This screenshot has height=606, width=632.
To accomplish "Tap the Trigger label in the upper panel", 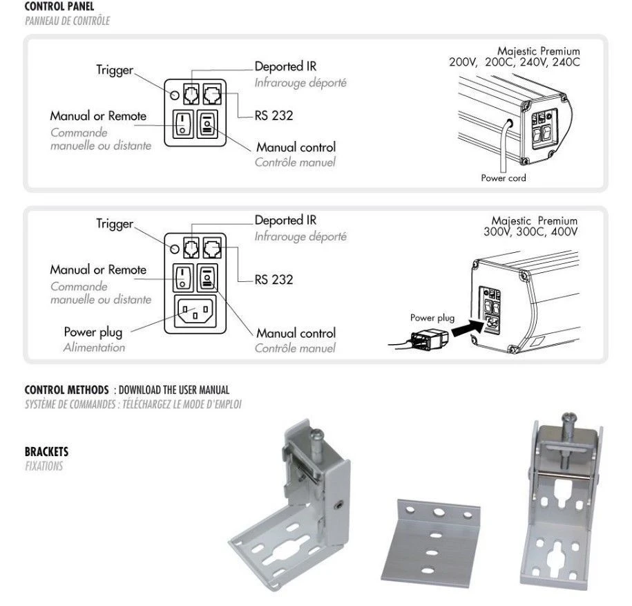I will [x=114, y=71].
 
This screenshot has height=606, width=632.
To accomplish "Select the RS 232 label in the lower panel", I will [x=274, y=280].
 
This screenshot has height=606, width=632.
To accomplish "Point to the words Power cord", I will [x=503, y=178].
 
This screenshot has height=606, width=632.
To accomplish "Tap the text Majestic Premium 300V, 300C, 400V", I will [x=530, y=225].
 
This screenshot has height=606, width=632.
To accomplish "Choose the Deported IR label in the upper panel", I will [x=285, y=67].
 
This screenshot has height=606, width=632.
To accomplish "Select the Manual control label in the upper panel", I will [x=296, y=147].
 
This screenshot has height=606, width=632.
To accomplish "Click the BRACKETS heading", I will [x=46, y=452].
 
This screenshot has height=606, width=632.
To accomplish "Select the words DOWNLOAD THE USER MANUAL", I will [x=173, y=390].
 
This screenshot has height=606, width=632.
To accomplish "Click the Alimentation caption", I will [x=94, y=348].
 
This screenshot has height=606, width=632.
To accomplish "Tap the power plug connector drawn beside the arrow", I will [x=429, y=339].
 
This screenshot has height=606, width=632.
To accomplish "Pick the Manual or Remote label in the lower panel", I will [x=98, y=269].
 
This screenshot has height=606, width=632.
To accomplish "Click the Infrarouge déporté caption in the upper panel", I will [x=300, y=83].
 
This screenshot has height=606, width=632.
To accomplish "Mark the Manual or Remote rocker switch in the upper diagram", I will [x=182, y=124].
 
